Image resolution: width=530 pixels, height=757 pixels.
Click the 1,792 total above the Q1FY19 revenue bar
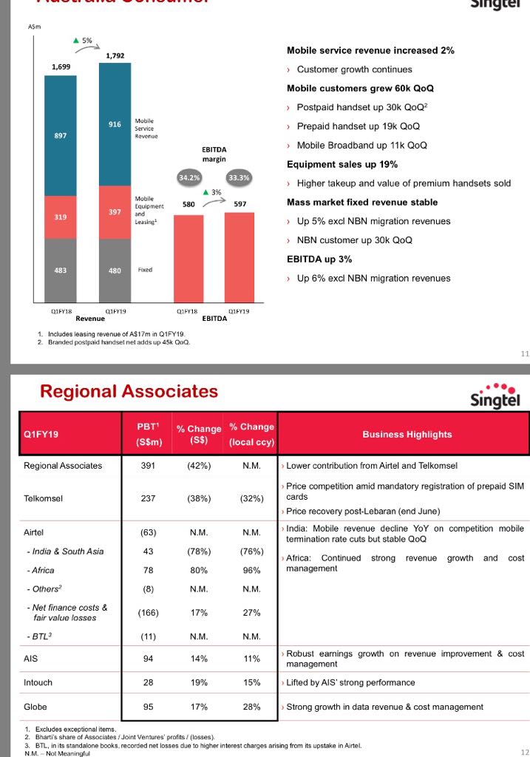[115, 55]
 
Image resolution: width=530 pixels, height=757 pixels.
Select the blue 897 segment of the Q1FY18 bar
[61, 136]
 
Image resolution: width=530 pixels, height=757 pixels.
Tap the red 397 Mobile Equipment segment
[115, 213]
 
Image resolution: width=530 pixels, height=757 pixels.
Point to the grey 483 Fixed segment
[61, 270]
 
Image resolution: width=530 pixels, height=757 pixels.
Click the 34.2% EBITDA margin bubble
[189, 177]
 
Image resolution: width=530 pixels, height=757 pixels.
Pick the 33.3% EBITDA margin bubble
[239, 177]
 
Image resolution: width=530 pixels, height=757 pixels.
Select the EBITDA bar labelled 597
[239, 256]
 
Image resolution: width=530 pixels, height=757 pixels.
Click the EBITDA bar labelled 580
[189, 257]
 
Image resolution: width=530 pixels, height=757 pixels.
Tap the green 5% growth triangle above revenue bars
[75, 40]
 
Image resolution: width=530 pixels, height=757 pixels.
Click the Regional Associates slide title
[129, 391]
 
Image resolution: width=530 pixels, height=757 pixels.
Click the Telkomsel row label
[43, 498]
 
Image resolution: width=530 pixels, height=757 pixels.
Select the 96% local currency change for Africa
[252, 570]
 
